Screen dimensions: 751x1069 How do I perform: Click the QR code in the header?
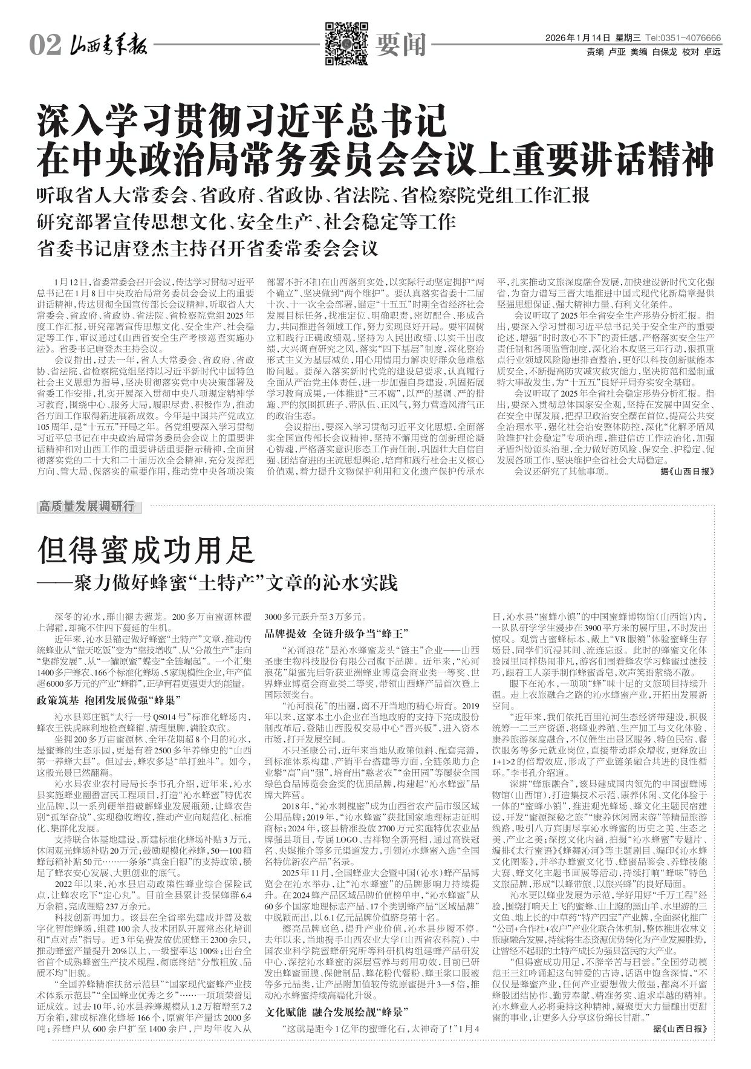[346, 43]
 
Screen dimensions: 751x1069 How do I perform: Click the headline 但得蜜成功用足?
[147, 550]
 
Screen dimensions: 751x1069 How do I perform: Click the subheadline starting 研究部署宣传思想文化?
[246, 222]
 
